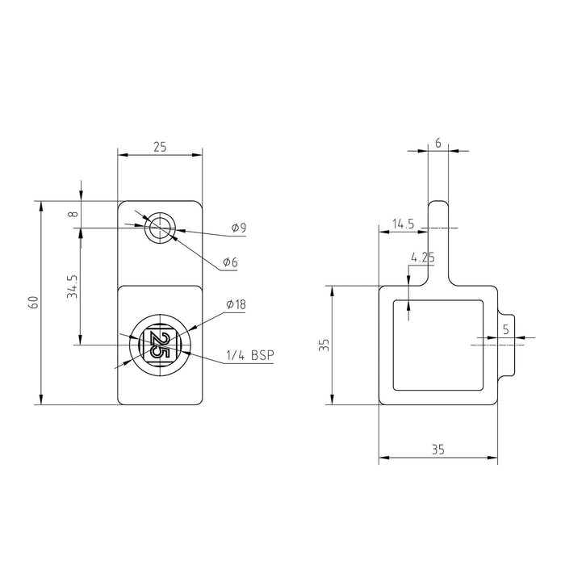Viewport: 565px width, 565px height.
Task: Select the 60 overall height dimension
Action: (x=33, y=303)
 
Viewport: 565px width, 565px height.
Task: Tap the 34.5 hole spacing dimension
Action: (x=72, y=287)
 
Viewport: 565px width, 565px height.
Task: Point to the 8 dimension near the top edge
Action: (x=73, y=214)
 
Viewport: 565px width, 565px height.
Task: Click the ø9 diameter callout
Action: (x=238, y=229)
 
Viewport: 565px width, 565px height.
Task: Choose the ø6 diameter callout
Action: (x=230, y=263)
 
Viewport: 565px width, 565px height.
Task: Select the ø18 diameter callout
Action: (x=236, y=305)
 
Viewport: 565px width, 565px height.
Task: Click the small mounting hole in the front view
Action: (x=159, y=228)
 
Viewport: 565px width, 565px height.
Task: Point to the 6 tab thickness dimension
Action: (x=437, y=143)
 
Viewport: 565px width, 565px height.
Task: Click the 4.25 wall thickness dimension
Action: (x=424, y=258)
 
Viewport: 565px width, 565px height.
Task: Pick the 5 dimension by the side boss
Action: (x=505, y=329)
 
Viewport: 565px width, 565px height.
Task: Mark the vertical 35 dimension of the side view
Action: (x=324, y=345)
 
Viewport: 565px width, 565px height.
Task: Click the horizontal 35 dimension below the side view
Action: (x=437, y=450)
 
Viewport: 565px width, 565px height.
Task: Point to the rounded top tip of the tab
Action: (x=437, y=203)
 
